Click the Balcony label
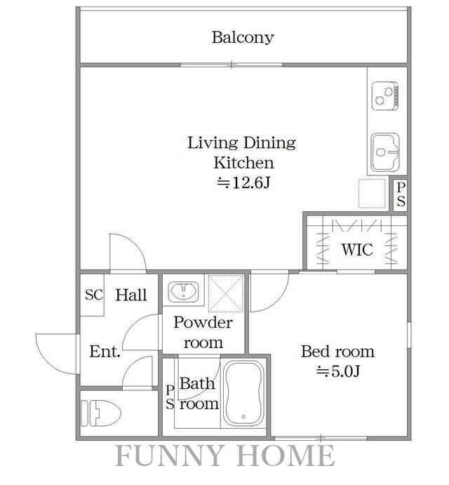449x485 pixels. click(x=243, y=38)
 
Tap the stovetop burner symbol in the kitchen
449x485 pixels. click(x=385, y=96)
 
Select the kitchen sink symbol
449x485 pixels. click(x=385, y=152)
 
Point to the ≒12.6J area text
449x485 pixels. click(x=243, y=182)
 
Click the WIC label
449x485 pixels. click(x=357, y=249)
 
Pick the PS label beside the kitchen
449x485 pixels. click(x=401, y=194)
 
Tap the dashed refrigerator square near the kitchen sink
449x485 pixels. click(x=372, y=193)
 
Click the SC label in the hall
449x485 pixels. click(x=94, y=295)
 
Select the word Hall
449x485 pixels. click(x=131, y=295)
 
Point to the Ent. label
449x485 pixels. click(x=105, y=352)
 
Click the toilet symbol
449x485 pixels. click(x=101, y=413)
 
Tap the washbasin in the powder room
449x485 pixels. click(x=183, y=291)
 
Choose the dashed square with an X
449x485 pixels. click(x=226, y=293)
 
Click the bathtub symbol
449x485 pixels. click(x=243, y=392)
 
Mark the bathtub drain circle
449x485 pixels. click(x=243, y=417)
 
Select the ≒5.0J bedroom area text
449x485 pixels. click(x=338, y=371)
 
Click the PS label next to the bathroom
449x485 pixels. click(x=170, y=397)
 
